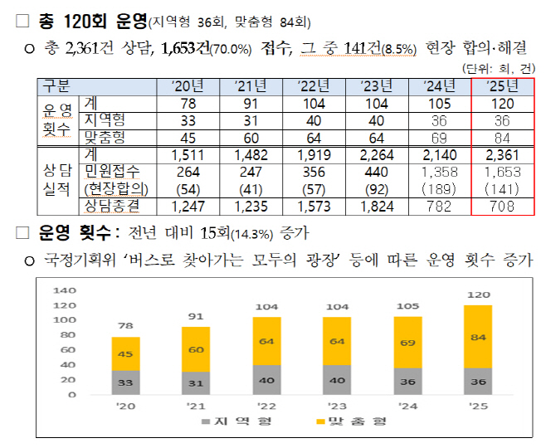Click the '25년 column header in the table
[503, 85]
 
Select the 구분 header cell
[56, 85]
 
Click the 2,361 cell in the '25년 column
[503, 155]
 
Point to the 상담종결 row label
[111, 207]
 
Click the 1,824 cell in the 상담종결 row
[374, 207]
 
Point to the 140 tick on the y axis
[64, 291]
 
